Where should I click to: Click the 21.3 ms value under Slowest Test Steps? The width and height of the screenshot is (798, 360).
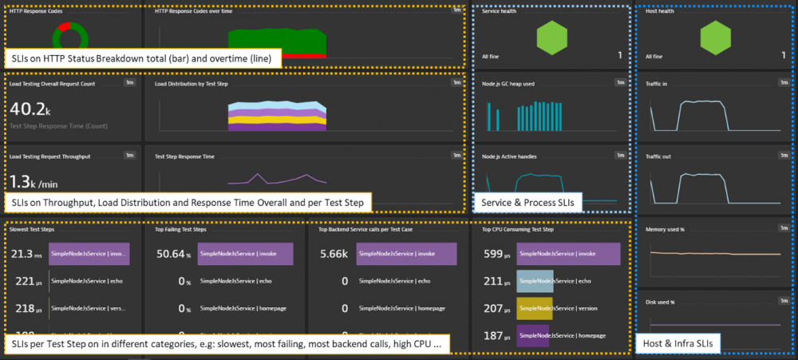[26, 254]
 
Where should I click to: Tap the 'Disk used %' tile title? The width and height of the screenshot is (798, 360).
[660, 303]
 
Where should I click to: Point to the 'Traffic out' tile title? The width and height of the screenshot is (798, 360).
[658, 156]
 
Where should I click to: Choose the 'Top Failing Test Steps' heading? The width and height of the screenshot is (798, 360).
[180, 229]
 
